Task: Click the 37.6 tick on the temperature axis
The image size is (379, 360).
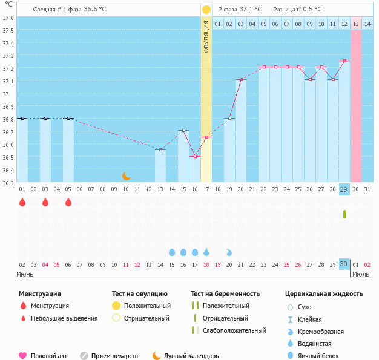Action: click(x=8, y=18)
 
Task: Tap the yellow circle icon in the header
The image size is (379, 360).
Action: click(x=206, y=10)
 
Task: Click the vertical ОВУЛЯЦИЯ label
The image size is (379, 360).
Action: click(x=206, y=36)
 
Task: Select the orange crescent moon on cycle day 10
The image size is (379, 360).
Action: click(x=126, y=175)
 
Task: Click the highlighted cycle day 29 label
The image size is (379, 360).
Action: click(x=344, y=189)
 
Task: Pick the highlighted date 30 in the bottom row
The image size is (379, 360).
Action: click(x=344, y=264)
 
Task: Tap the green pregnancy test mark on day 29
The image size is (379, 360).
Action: click(x=344, y=214)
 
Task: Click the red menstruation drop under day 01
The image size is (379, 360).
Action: click(x=22, y=203)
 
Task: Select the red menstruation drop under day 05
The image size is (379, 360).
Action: click(x=68, y=203)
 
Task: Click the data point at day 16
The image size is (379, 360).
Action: click(x=195, y=156)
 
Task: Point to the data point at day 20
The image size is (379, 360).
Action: click(x=241, y=80)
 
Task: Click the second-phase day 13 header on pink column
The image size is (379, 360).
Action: click(x=356, y=24)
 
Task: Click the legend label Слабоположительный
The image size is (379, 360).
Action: click(x=235, y=330)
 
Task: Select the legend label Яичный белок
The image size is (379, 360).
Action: click(x=323, y=356)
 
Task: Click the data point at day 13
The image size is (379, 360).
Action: click(x=160, y=149)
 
